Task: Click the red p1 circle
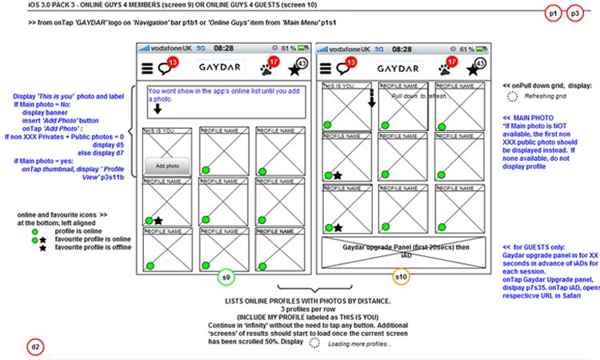552,14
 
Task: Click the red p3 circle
574,14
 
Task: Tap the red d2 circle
36,346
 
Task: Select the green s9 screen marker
227,277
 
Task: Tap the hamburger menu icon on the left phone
147,69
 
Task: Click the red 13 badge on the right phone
351,63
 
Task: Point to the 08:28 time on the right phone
402,49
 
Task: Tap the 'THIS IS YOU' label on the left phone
158,130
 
